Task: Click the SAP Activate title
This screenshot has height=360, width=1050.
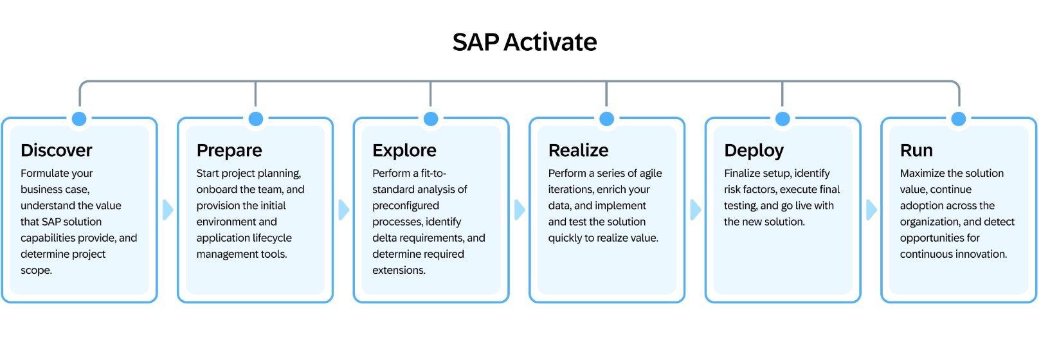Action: (x=525, y=42)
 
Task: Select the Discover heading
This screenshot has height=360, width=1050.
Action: (x=57, y=150)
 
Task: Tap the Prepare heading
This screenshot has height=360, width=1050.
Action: (x=229, y=150)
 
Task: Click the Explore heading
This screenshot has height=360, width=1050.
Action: (x=404, y=150)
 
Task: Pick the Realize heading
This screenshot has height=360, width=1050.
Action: (x=578, y=150)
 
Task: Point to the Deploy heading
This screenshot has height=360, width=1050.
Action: (x=754, y=150)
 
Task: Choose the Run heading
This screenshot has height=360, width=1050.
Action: (x=916, y=150)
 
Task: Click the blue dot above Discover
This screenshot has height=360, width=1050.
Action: (x=80, y=119)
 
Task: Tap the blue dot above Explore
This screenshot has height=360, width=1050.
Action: (x=431, y=119)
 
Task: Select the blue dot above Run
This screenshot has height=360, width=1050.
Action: (x=958, y=119)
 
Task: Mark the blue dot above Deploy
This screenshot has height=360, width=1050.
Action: (x=783, y=119)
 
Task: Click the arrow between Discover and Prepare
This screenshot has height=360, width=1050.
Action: (x=168, y=210)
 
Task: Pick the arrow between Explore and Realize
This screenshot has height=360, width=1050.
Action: (x=520, y=210)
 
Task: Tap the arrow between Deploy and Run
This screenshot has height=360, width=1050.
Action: (x=871, y=210)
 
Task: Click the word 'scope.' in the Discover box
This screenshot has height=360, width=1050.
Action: (x=36, y=271)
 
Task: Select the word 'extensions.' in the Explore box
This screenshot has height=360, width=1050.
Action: (x=399, y=271)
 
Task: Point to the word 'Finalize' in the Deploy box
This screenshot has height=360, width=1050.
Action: (x=744, y=174)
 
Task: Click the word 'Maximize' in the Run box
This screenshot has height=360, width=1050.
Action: (x=924, y=174)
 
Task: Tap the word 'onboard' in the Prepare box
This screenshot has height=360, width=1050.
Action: (x=216, y=190)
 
